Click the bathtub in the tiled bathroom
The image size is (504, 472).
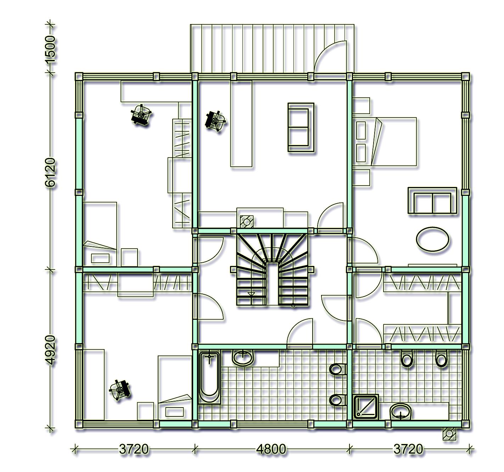click(209, 376)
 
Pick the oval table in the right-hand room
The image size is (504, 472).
click(432, 239)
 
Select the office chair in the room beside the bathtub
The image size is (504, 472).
click(120, 389)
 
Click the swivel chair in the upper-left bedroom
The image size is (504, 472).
click(141, 115)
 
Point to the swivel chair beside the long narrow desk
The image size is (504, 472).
click(215, 121)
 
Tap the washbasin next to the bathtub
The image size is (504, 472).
click(243, 358)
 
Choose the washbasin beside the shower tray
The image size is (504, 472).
click(401, 411)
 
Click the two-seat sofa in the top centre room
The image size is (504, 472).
click(301, 127)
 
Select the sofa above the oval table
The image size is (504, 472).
click(432, 200)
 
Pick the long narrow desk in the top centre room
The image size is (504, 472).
click(241, 124)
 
